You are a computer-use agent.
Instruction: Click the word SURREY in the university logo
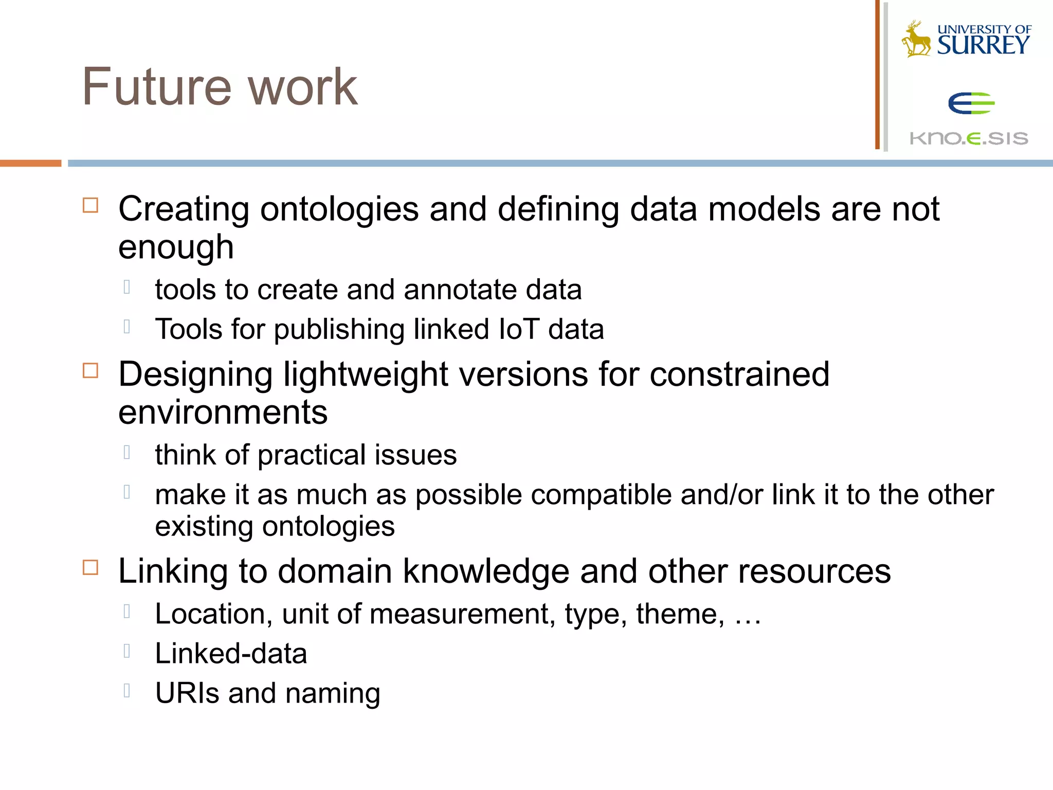click(x=983, y=45)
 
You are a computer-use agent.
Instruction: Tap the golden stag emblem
click(x=916, y=39)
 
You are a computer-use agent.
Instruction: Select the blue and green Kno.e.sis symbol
click(x=971, y=103)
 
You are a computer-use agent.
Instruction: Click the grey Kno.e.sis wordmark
click(x=969, y=138)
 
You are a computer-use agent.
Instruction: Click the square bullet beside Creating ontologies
click(x=90, y=205)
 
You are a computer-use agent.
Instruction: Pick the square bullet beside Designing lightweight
click(x=90, y=370)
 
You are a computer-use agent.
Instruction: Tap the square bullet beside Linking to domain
click(x=90, y=567)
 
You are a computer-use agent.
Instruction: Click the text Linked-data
click(x=231, y=654)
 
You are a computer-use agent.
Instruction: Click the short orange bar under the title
click(x=30, y=163)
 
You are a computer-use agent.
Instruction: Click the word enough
click(x=176, y=247)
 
